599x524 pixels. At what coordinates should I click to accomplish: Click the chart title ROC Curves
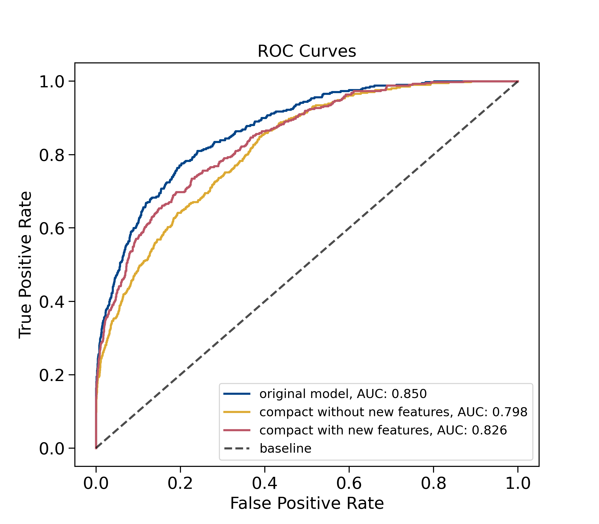click(306, 51)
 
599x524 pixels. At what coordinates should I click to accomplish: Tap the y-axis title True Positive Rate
click(25, 265)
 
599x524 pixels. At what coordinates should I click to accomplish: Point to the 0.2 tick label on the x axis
click(180, 483)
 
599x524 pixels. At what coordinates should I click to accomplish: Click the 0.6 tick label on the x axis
click(349, 483)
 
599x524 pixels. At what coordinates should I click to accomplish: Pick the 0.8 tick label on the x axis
click(434, 483)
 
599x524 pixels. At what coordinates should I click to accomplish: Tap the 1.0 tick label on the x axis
click(518, 483)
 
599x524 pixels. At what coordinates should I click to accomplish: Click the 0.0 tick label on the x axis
click(96, 483)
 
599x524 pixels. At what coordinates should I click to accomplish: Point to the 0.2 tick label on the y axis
click(52, 375)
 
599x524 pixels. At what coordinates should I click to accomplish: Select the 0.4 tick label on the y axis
click(52, 302)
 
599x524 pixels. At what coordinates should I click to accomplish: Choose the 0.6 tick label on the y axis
click(52, 228)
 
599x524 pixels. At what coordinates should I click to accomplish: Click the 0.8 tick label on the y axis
click(52, 155)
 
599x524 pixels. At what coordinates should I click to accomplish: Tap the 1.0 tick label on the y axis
click(52, 82)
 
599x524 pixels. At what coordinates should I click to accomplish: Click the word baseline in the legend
click(286, 448)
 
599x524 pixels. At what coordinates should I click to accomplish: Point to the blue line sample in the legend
click(237, 394)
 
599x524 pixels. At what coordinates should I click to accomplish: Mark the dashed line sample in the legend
click(237, 448)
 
